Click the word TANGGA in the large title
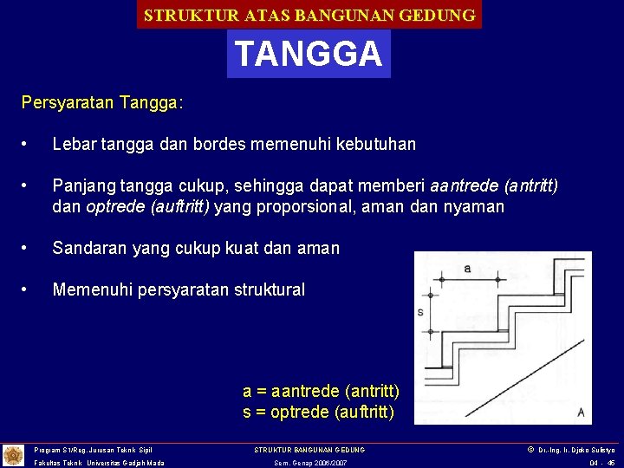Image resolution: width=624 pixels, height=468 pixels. [309, 54]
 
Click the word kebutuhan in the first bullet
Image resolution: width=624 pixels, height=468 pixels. [375, 144]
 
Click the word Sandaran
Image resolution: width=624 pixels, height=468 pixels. [89, 249]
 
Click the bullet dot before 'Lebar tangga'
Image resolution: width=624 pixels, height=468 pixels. [29, 144]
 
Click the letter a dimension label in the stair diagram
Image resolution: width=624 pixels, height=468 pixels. [467, 269]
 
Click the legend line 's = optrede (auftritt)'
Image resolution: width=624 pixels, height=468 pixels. [319, 412]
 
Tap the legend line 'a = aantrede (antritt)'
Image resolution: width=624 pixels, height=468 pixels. [321, 392]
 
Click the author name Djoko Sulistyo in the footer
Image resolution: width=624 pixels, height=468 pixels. [594, 450]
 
